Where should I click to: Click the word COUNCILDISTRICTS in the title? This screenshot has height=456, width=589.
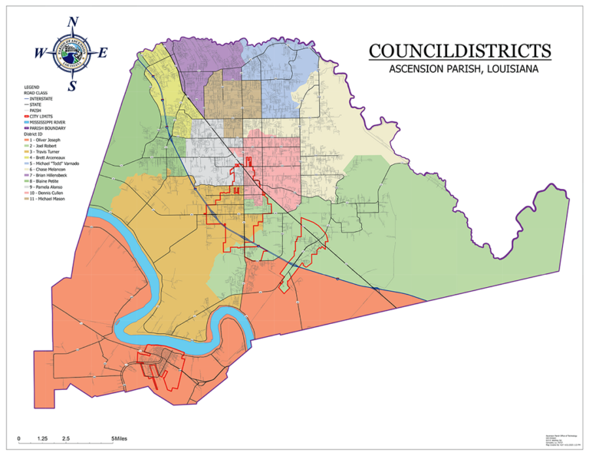(x=459, y=51)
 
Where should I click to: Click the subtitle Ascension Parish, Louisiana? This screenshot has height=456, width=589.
(x=459, y=68)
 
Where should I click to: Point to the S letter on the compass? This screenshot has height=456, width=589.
(x=72, y=86)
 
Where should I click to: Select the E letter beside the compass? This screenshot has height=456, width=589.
(x=103, y=53)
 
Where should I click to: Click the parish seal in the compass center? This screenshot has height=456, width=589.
(x=72, y=53)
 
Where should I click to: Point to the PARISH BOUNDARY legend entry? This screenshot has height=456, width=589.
(x=48, y=128)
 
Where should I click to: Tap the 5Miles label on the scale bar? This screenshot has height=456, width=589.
(x=119, y=438)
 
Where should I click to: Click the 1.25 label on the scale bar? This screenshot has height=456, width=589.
(x=43, y=438)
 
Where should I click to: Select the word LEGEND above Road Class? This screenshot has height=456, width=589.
(x=33, y=88)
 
